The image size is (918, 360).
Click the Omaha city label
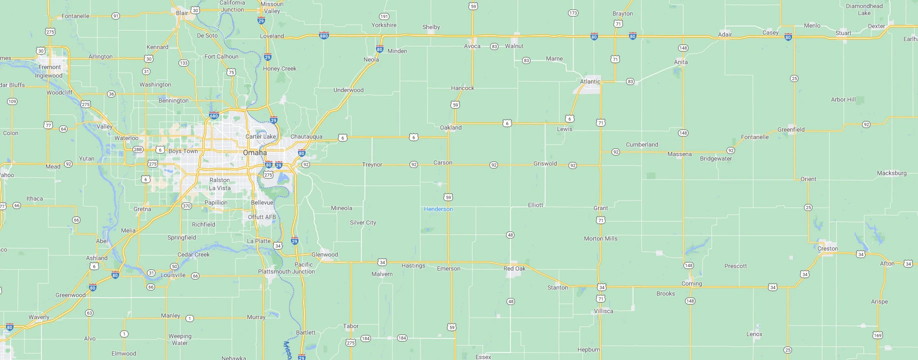click(x=254, y=152)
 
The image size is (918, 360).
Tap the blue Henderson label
click(x=438, y=209)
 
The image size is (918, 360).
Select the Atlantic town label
click(x=590, y=81)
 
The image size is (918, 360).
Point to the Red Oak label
click(x=514, y=268)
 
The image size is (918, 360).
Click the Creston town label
click(x=827, y=248)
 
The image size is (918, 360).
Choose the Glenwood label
click(x=324, y=254)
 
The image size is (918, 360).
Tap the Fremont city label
click(x=49, y=67)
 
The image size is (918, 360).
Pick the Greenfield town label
click(x=790, y=129)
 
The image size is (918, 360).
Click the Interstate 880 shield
click(x=324, y=36)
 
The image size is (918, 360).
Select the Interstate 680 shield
click(x=214, y=116)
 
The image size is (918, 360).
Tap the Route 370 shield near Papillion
click(x=186, y=206)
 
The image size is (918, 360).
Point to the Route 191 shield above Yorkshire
click(x=384, y=16)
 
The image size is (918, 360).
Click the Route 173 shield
click(x=573, y=13)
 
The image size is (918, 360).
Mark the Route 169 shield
click(x=877, y=335)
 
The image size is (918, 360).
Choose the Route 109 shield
click(x=12, y=101)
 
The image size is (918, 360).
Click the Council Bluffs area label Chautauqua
click(x=306, y=136)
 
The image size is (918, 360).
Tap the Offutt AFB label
click(x=262, y=217)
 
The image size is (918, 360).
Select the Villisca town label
click(x=603, y=311)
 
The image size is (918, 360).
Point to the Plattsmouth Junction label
click(x=286, y=271)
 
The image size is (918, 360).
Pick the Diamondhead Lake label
click(x=864, y=9)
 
